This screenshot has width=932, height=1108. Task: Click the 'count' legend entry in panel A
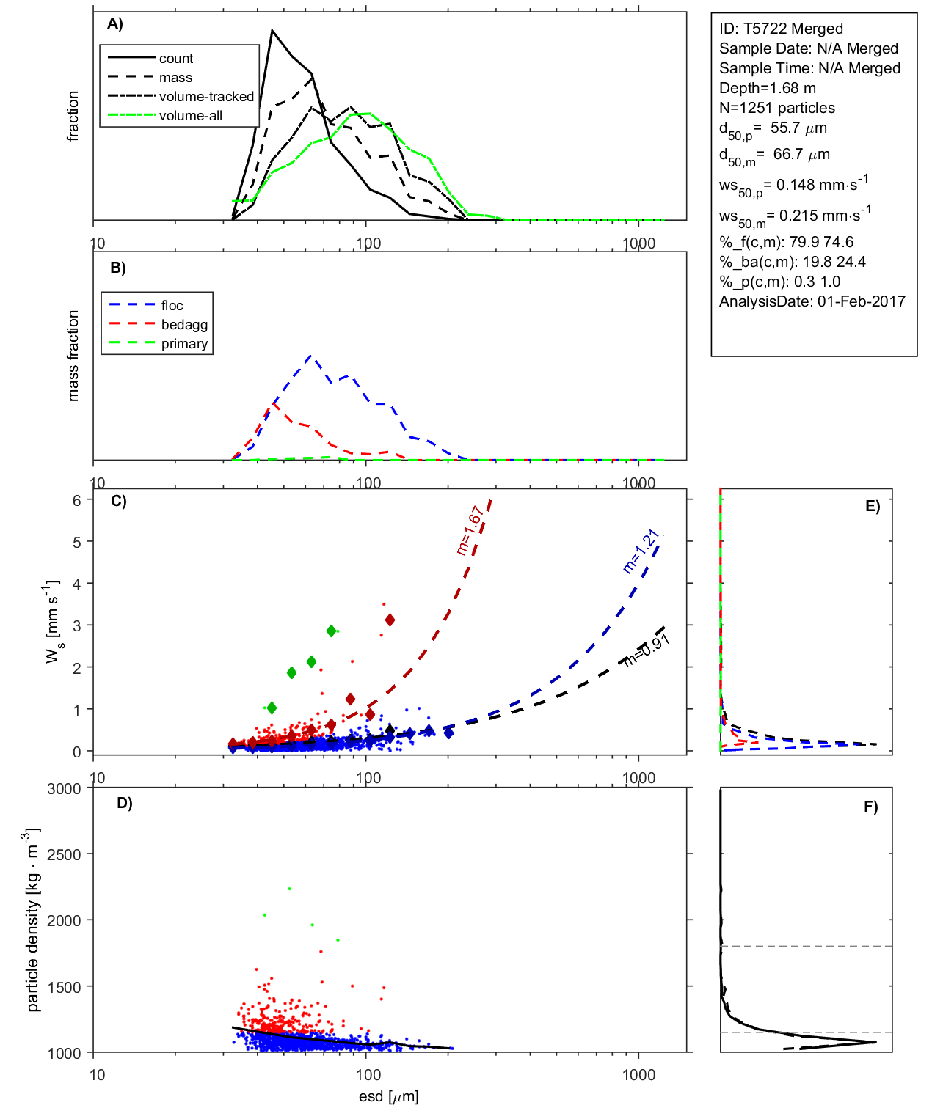[176, 59]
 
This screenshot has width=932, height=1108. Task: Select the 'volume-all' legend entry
[190, 116]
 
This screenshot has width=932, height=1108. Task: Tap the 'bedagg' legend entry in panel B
[184, 325]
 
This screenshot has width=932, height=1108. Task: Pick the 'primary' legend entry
[184, 344]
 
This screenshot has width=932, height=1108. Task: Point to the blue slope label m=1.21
[641, 551]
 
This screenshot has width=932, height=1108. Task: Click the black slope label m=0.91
[647, 650]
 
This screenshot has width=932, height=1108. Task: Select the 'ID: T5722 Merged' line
[781, 29]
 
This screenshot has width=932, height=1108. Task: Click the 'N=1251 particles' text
[776, 108]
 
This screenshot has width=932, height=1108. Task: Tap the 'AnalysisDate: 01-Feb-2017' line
[812, 301]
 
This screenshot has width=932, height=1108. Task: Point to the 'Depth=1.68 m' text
[767, 88]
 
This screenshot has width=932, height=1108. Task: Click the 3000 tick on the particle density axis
[64, 789]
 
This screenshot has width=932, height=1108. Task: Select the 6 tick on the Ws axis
[76, 500]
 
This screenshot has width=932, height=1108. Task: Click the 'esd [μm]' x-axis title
[388, 1096]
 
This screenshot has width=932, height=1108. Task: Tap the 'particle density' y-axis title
[32, 920]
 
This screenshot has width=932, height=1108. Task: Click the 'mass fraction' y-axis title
[73, 356]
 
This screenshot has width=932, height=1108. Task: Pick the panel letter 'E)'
[872, 506]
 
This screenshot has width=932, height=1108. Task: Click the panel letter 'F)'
[870, 807]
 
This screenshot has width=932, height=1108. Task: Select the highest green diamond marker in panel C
[332, 631]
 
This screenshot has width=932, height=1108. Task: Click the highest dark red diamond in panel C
[390, 620]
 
